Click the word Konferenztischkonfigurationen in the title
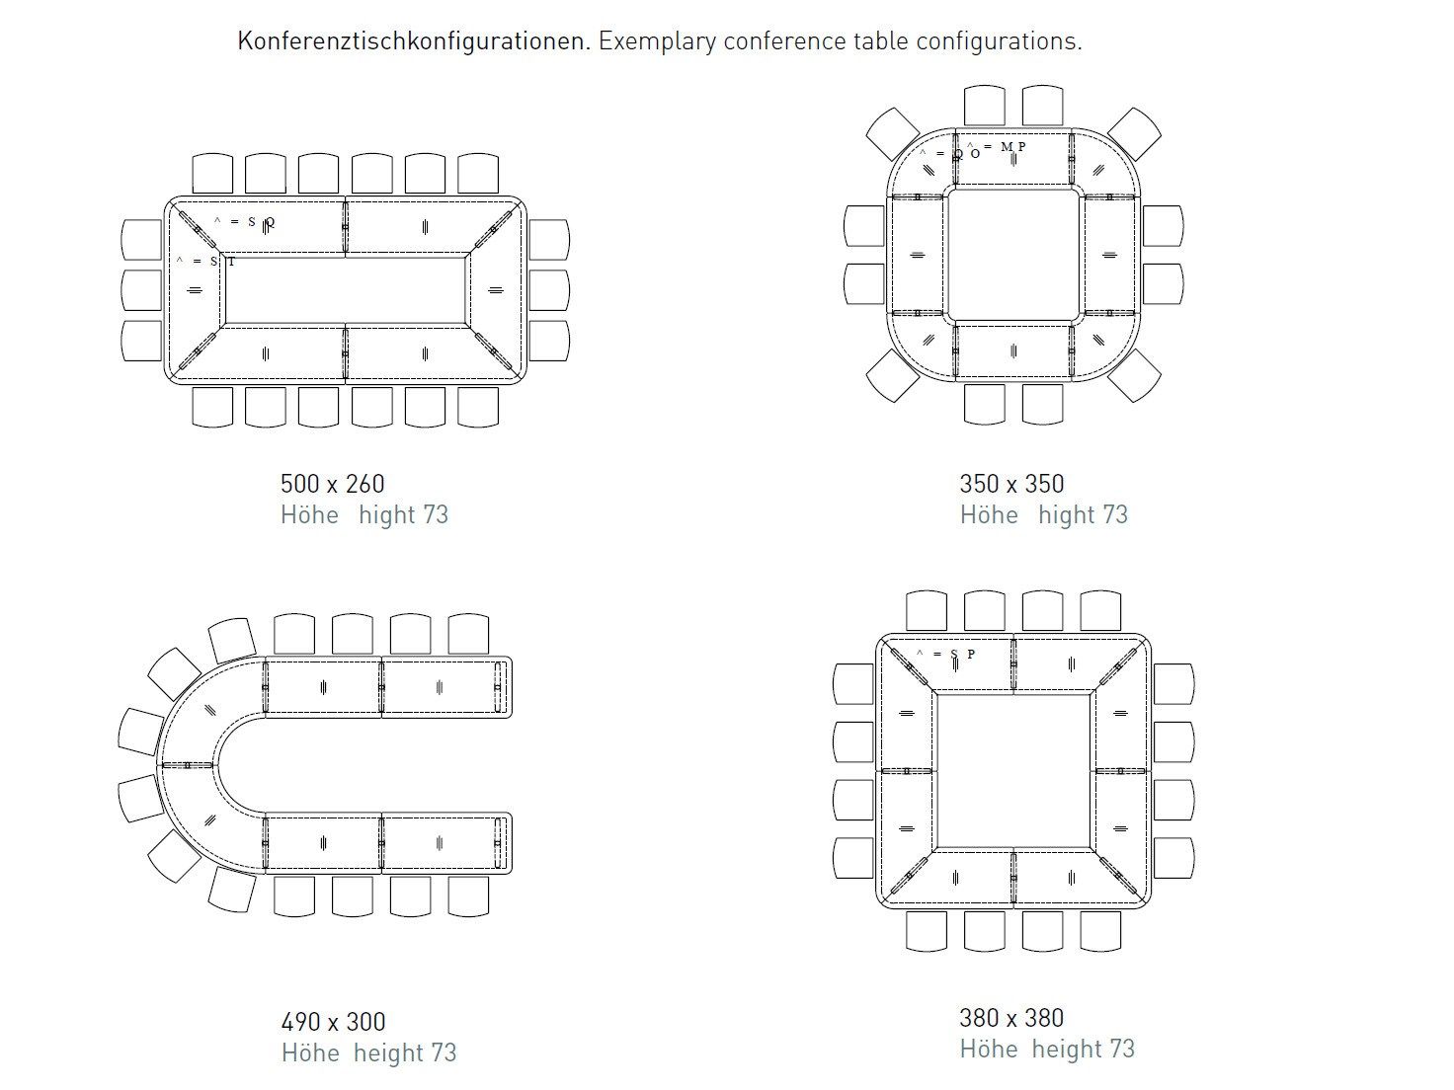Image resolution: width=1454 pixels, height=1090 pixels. click(413, 41)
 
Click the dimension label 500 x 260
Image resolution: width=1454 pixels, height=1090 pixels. click(332, 484)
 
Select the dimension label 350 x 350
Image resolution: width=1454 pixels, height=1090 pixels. click(1011, 484)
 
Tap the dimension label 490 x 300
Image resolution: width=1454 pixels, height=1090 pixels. click(333, 1022)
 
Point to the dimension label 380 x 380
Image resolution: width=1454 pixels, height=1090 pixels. click(1011, 1018)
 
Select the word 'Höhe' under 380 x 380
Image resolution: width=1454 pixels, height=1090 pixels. click(988, 1050)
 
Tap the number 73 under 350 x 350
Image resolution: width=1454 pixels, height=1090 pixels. click(1114, 515)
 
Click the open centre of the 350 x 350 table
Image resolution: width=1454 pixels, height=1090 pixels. click(1012, 254)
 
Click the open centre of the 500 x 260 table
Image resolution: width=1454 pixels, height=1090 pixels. click(346, 289)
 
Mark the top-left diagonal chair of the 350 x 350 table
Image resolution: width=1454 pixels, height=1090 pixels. click(893, 133)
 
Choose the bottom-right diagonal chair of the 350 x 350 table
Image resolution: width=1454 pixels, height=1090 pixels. click(1135, 374)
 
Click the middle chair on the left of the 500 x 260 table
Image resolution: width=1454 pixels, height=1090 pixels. click(141, 289)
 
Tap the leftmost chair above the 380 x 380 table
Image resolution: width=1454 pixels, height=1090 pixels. click(926, 611)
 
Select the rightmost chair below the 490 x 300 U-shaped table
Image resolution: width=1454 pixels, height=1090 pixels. click(468, 895)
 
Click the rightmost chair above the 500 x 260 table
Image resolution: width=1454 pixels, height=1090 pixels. click(478, 174)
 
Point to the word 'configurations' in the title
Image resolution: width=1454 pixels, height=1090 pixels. click(999, 41)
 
